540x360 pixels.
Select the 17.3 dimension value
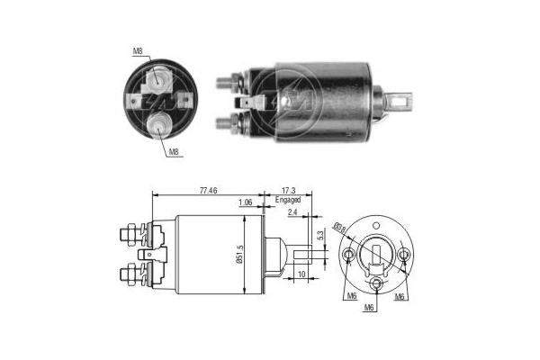click(x=287, y=191)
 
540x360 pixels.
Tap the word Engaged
click(x=287, y=201)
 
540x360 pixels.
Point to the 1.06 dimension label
click(x=244, y=202)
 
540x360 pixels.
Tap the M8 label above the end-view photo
click(x=138, y=51)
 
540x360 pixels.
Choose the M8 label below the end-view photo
click(x=173, y=153)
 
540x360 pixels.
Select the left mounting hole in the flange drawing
click(x=350, y=257)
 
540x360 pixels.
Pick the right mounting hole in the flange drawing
click(x=404, y=257)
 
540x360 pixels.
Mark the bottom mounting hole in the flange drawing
click(x=377, y=287)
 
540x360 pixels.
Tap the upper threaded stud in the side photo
click(x=228, y=83)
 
